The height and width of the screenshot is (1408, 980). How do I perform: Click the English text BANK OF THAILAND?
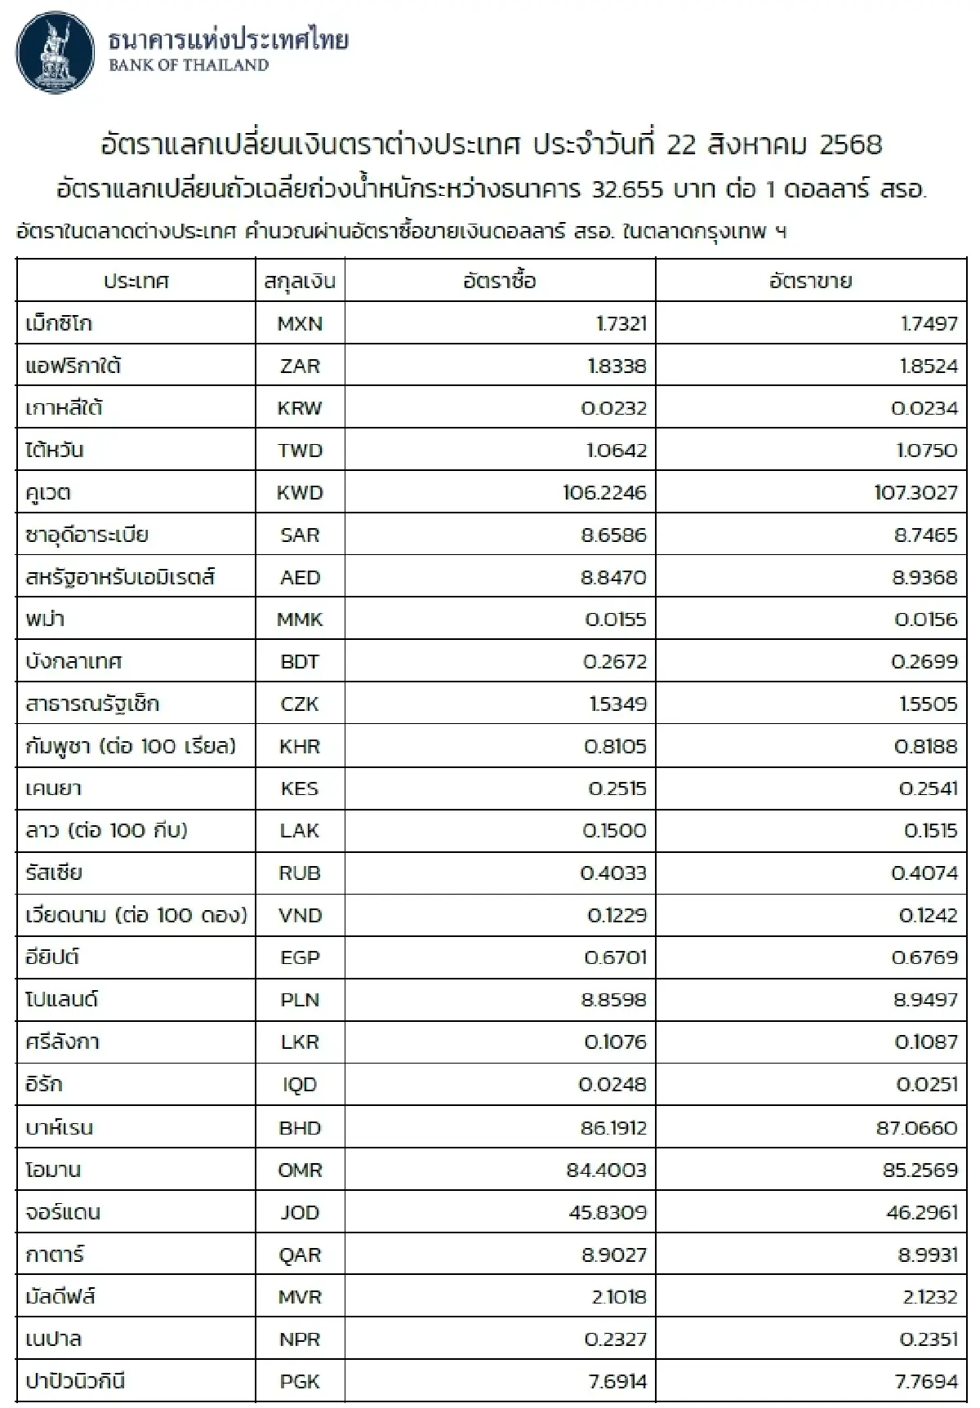[189, 66]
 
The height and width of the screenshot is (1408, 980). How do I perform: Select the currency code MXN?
[300, 324]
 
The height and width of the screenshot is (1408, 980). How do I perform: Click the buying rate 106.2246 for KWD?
[604, 493]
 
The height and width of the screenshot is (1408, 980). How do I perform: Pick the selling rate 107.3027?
[915, 493]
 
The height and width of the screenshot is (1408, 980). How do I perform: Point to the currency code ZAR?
[300, 366]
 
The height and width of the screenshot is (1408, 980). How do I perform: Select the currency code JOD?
[300, 1212]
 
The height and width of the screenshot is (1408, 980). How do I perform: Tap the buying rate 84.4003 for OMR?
[606, 1170]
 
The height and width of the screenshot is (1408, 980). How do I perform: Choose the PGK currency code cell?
[300, 1382]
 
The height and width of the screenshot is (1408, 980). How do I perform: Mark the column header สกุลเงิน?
[300, 282]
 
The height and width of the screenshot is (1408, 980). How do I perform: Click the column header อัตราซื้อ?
[500, 282]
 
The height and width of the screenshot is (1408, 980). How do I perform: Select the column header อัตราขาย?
[810, 282]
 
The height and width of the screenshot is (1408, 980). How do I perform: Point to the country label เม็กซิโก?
[59, 324]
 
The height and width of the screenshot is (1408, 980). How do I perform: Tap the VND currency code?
[300, 916]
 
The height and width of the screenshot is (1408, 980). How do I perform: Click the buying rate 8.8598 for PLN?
[613, 1000]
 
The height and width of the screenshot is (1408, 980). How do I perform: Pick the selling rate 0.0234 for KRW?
[924, 408]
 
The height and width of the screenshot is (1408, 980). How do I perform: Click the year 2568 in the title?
[850, 145]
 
